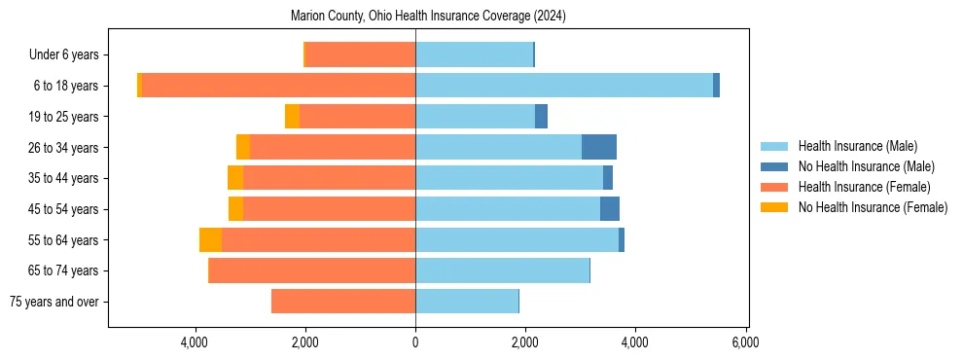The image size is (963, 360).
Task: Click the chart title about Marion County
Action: point(428,17)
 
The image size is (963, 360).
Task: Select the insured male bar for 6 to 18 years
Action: point(564,86)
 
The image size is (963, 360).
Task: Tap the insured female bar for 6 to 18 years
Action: point(278,86)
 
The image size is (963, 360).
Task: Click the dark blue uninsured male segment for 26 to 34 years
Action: point(598,147)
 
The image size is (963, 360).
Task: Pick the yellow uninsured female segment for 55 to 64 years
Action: point(210,239)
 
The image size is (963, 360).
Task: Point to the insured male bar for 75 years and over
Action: point(467,302)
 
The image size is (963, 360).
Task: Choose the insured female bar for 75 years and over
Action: point(343,302)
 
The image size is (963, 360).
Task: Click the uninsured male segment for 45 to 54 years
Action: point(609,209)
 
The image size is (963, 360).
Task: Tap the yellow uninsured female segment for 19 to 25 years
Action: point(292,117)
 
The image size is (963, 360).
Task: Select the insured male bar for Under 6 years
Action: point(474,54)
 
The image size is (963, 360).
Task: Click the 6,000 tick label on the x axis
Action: point(745,342)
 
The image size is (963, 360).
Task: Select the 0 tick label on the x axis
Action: point(415,342)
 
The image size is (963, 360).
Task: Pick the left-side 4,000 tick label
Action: point(196,342)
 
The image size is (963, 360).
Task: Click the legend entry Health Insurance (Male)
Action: point(857,146)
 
